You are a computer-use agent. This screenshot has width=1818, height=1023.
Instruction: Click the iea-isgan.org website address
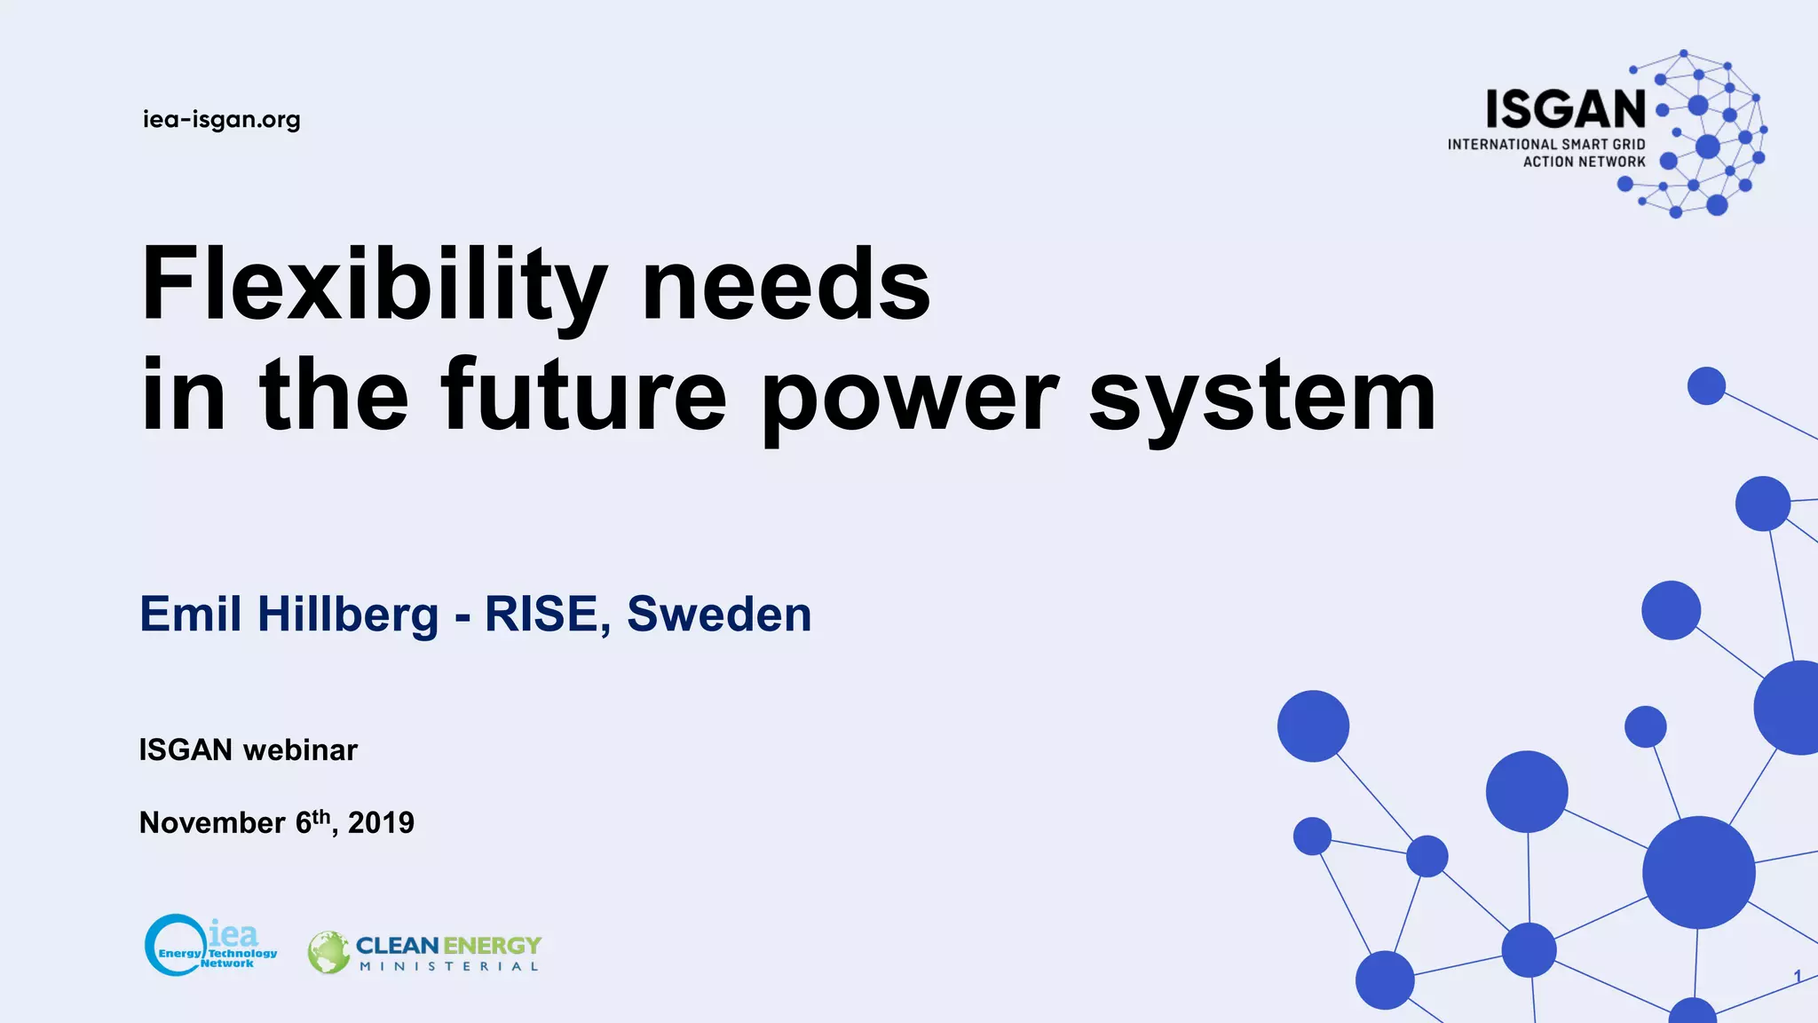[x=221, y=119]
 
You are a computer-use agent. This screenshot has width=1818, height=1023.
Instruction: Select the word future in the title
[x=583, y=395]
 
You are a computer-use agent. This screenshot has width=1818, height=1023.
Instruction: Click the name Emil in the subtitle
[x=190, y=615]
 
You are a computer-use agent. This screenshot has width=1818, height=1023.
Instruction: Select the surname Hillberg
[x=348, y=615]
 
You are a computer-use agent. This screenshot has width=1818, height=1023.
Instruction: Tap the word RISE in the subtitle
[x=541, y=615]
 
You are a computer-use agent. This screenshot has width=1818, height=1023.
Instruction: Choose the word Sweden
[x=719, y=615]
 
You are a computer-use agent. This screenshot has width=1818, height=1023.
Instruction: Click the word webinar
[x=300, y=750]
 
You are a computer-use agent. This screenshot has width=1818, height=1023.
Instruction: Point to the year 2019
[x=381, y=823]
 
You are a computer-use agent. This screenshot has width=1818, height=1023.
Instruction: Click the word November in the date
[x=212, y=823]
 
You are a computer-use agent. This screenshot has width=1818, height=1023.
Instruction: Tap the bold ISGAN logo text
[x=1566, y=110]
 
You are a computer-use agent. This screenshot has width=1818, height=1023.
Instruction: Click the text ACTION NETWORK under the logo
[x=1584, y=162]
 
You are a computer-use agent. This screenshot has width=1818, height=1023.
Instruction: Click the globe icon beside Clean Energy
[x=328, y=953]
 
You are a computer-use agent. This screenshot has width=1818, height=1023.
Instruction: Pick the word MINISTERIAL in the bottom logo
[x=448, y=967]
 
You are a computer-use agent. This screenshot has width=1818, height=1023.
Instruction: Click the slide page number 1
[x=1797, y=977]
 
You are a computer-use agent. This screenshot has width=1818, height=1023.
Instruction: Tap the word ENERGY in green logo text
[x=492, y=946]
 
